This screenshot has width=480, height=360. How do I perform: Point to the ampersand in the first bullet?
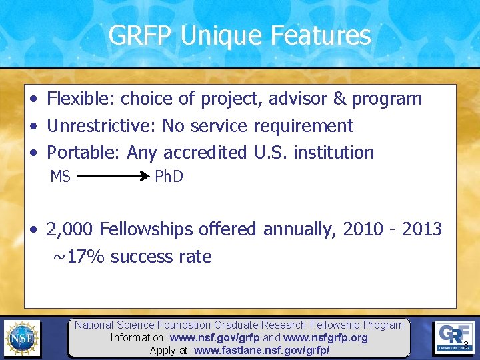tap(339, 99)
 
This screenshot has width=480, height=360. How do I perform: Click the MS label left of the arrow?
tap(61, 177)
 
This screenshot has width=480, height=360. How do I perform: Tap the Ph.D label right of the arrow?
tap(169, 177)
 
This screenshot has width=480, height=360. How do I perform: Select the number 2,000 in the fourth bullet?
tap(70, 230)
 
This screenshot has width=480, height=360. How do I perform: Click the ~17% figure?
tap(79, 257)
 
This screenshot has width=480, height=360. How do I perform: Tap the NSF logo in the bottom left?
tap(22, 339)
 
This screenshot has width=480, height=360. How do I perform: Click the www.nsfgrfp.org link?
tap(325, 338)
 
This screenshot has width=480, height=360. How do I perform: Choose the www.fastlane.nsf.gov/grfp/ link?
tap(261, 350)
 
